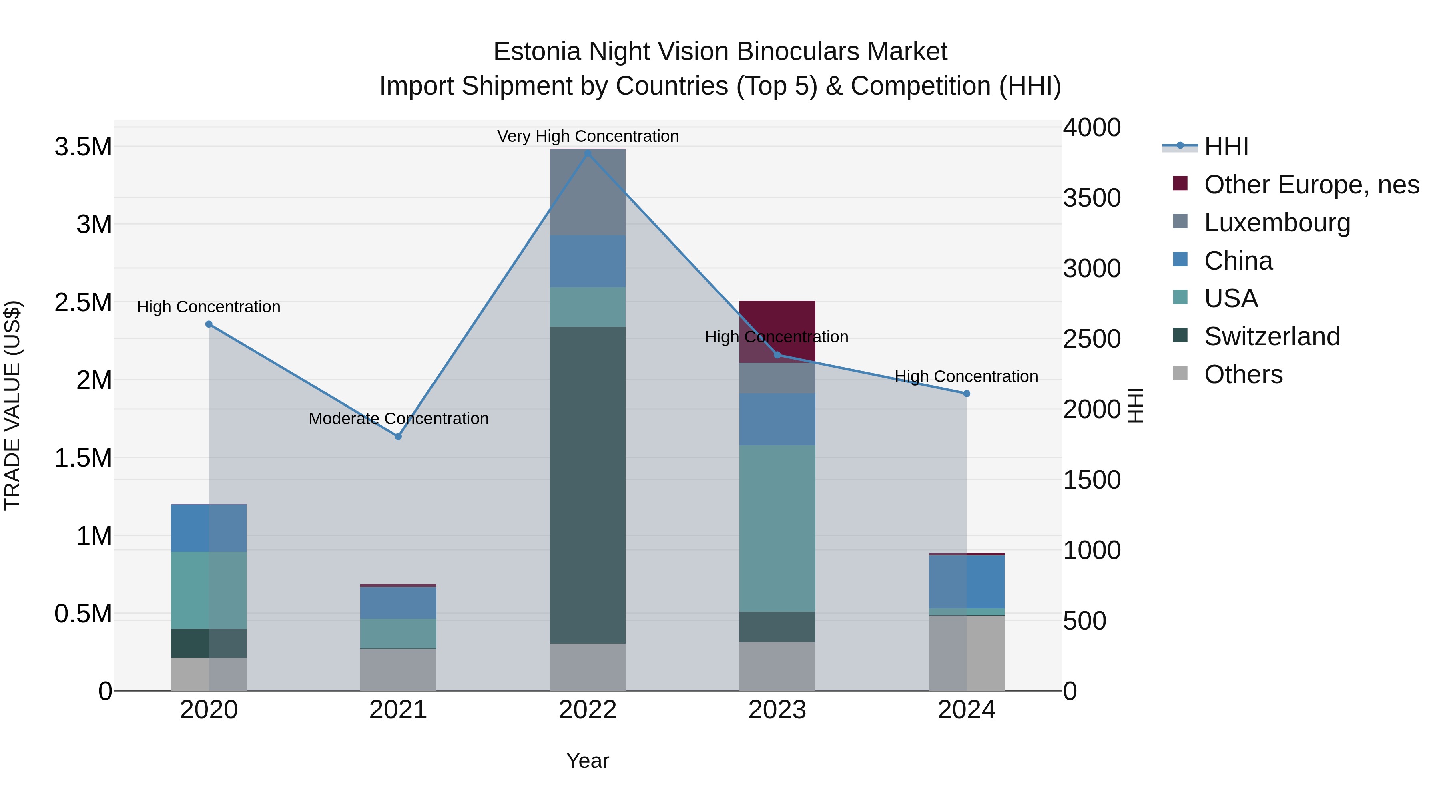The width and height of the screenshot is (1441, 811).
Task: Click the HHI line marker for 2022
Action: click(587, 153)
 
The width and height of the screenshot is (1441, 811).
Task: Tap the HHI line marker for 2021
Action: click(398, 437)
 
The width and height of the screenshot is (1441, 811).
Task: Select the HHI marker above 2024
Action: click(967, 393)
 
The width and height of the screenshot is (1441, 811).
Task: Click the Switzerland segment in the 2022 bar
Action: click(587, 485)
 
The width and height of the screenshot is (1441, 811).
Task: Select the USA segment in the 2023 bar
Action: click(777, 528)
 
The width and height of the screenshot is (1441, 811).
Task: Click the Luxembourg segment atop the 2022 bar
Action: click(587, 192)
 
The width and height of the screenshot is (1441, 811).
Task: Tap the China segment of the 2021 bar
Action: click(398, 603)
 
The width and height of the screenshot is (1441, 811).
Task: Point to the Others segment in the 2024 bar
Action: click(967, 653)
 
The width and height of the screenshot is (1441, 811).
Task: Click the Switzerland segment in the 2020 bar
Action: click(209, 643)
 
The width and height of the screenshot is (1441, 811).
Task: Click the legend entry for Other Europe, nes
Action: click(1311, 185)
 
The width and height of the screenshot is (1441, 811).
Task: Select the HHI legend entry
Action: click(1226, 147)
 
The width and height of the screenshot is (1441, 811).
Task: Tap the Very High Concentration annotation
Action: click(587, 136)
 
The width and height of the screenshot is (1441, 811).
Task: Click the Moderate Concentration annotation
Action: click(398, 418)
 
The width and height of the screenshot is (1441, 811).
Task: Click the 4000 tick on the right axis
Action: click(1092, 128)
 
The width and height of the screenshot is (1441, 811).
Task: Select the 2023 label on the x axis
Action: click(777, 710)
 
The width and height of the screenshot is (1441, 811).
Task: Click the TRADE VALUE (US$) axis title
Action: click(12, 405)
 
